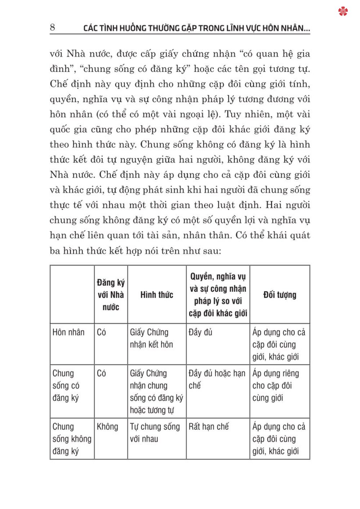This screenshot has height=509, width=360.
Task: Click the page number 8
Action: [53, 27]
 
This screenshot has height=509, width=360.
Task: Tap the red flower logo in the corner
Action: [343, 12]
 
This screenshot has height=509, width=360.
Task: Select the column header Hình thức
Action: [157, 295]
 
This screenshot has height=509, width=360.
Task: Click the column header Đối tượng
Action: [280, 295]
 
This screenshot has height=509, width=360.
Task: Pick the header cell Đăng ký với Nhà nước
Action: [111, 295]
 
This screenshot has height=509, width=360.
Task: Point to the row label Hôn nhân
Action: [68, 332]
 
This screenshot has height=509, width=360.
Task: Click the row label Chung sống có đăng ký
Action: [66, 386]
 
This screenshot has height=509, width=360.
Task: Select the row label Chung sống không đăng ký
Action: [72, 439]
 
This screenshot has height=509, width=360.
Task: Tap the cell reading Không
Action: [107, 427]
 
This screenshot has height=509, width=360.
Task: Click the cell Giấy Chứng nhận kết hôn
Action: [151, 338]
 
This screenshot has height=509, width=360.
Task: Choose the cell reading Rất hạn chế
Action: [208, 427]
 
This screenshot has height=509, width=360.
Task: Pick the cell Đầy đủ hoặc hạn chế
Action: [217, 379]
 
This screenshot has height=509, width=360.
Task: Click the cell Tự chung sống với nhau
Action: [155, 433]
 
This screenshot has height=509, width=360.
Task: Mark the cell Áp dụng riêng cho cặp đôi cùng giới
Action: [275, 386]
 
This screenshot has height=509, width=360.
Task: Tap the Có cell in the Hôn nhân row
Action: [102, 332]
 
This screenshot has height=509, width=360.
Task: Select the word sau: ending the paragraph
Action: [211, 251]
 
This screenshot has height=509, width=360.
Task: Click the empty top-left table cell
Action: [72, 295]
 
